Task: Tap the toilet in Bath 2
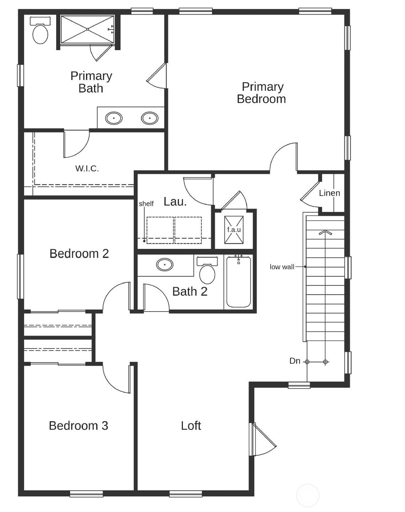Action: (207, 272)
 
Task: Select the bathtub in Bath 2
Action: (239, 282)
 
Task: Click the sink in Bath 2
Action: (165, 265)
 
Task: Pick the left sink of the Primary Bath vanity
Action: (114, 118)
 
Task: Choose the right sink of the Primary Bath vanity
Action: (150, 118)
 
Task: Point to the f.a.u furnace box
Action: (234, 230)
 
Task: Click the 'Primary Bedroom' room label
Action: (262, 93)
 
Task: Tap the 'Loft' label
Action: (191, 426)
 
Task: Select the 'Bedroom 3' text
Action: (78, 426)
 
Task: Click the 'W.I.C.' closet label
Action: (87, 169)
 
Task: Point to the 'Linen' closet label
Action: (329, 193)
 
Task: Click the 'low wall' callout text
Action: (282, 267)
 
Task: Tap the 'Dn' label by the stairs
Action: (295, 361)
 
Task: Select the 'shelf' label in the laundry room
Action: (146, 204)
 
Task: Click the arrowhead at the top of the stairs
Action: (325, 233)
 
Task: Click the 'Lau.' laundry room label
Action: (175, 202)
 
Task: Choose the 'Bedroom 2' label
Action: (79, 254)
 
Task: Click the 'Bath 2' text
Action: (190, 292)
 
